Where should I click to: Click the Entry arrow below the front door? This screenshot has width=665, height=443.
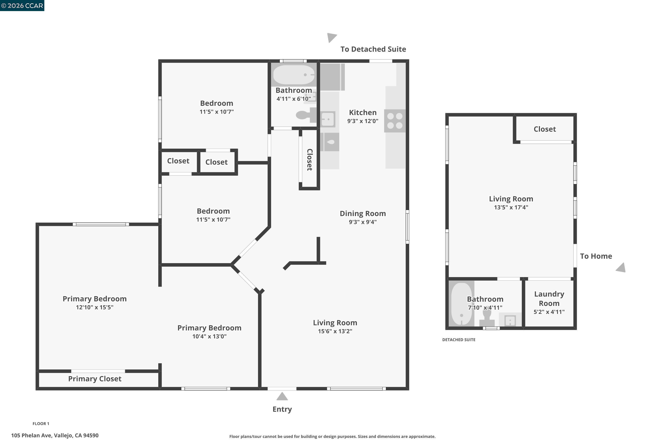282,397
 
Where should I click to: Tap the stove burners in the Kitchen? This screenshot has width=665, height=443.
395,121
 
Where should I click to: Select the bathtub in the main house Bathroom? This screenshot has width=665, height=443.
294,75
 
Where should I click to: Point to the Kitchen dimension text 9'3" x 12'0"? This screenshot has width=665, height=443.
362,121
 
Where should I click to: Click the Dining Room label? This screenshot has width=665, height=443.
362,213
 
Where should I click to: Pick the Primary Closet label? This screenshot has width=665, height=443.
95,379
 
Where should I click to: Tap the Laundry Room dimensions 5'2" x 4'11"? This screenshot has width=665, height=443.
549,312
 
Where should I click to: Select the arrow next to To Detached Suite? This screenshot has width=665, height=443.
331,37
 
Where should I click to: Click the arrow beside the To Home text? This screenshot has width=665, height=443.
621,268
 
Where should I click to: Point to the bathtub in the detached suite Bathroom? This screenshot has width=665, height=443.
461,304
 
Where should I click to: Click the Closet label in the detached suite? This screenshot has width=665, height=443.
545,129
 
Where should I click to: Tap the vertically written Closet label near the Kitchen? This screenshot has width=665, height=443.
310,160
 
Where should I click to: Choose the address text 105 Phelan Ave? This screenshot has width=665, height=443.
55,435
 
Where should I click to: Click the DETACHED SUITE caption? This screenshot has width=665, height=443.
459,340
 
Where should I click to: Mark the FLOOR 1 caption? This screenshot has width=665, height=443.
41,424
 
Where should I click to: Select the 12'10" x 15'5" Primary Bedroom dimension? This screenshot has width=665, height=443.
94,307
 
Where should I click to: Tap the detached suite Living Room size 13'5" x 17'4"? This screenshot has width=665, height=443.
511,207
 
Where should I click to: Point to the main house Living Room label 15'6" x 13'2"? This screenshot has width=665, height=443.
335,331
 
